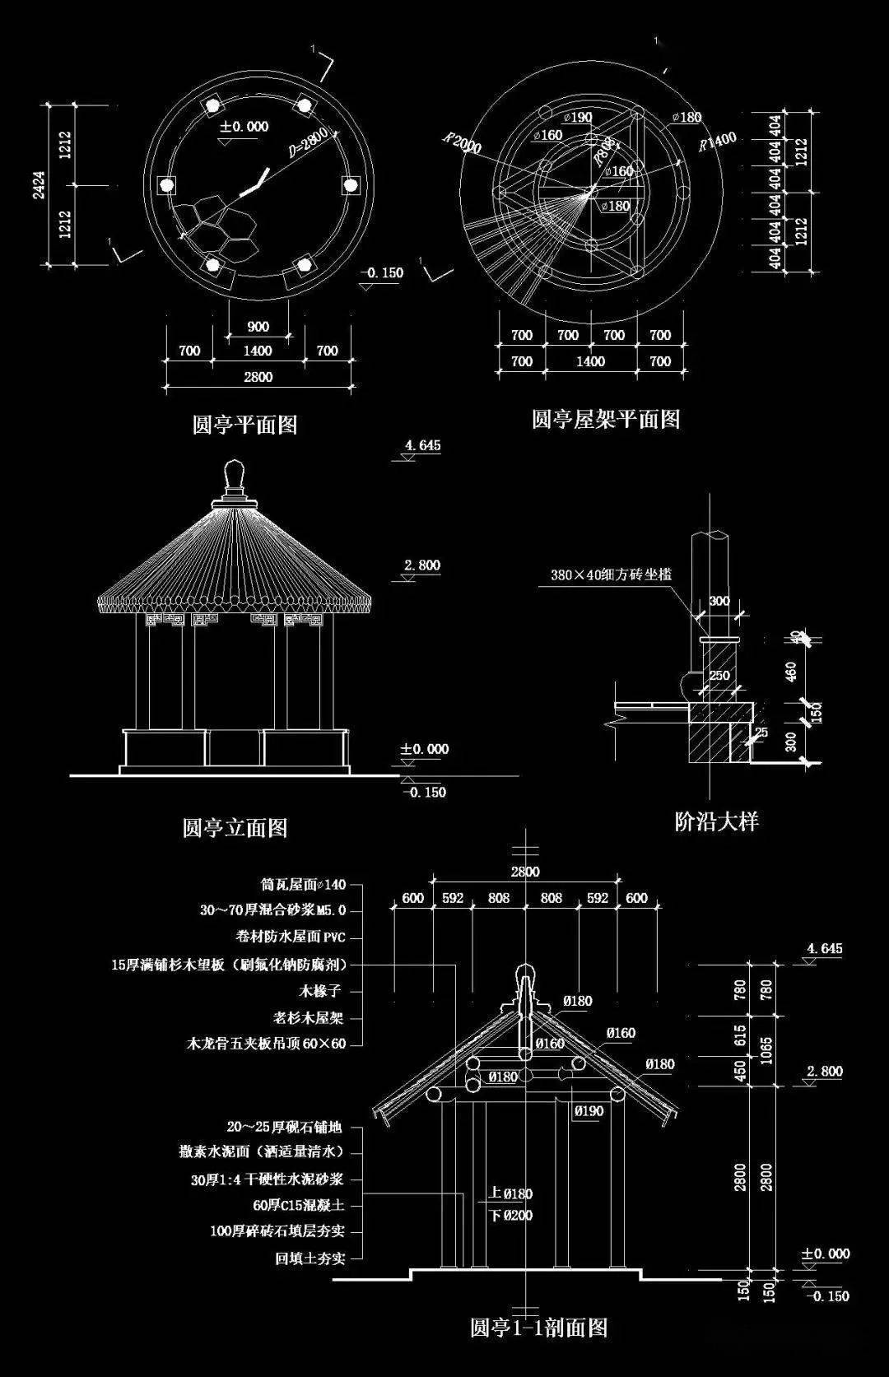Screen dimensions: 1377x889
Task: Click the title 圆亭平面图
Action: pyautogui.click(x=244, y=425)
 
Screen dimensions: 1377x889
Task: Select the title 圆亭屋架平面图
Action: pyautogui.click(x=606, y=419)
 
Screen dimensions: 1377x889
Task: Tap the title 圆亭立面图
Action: pyautogui.click(x=235, y=826)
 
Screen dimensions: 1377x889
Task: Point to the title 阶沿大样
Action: pyautogui.click(x=716, y=821)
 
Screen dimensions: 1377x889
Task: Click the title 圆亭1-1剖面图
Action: pyautogui.click(x=538, y=1351)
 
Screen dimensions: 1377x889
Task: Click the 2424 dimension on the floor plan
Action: pyautogui.click(x=39, y=185)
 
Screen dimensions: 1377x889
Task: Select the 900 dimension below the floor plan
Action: pyautogui.click(x=258, y=327)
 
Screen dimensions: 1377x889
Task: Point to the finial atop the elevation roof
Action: pyautogui.click(x=235, y=477)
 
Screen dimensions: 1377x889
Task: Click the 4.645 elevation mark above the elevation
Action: pyautogui.click(x=422, y=446)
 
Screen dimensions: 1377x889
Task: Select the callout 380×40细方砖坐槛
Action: pyautogui.click(x=611, y=575)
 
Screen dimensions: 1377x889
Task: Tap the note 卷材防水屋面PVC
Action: pyautogui.click(x=290, y=937)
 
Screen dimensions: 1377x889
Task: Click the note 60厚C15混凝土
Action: pyautogui.click(x=298, y=1205)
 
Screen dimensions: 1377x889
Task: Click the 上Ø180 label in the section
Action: pyautogui.click(x=510, y=1193)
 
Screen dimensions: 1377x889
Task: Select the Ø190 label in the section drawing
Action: pyautogui.click(x=589, y=1111)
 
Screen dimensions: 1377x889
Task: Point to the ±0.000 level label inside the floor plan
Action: pyautogui.click(x=244, y=127)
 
